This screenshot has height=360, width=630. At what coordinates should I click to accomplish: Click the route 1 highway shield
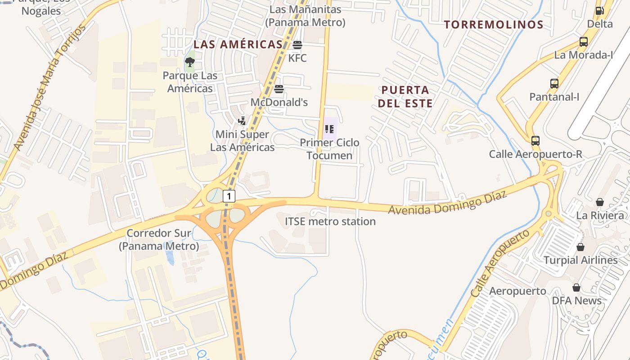[229, 196]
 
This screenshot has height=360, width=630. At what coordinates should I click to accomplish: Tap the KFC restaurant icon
[297, 45]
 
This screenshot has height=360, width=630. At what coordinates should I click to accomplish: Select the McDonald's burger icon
[279, 89]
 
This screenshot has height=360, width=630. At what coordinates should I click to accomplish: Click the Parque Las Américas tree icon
[190, 62]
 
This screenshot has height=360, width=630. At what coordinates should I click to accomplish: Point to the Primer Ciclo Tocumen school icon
[329, 129]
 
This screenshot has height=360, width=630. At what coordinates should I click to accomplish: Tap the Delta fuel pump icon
[600, 11]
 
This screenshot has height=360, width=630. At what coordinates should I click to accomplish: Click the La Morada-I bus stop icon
[583, 42]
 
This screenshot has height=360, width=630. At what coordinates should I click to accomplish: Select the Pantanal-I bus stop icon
[554, 83]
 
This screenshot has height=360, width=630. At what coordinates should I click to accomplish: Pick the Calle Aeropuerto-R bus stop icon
[535, 141]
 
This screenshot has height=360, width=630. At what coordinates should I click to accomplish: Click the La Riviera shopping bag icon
[600, 202]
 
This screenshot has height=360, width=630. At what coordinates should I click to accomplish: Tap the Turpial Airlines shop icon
[580, 247]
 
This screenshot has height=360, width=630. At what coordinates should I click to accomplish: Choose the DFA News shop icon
[576, 287]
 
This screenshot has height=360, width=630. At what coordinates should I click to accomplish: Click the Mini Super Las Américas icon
[242, 121]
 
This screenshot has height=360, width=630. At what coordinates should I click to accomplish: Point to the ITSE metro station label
[330, 221]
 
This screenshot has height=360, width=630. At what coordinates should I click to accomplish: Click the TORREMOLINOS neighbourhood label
[494, 24]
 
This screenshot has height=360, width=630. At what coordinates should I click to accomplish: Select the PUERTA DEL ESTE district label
[405, 96]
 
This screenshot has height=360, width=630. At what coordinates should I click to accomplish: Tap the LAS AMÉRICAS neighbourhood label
[238, 44]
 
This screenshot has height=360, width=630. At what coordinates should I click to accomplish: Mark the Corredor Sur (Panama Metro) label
[159, 239]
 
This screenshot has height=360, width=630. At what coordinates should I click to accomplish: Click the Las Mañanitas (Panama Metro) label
[305, 16]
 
